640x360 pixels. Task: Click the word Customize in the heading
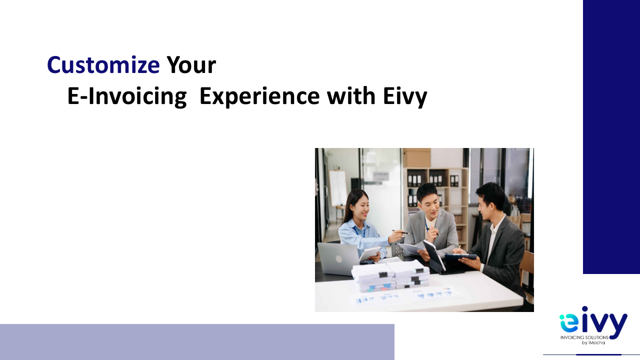[103, 65]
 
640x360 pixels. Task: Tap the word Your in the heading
[191, 65]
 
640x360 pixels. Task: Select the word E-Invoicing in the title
[127, 96]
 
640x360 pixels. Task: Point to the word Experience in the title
[259, 96]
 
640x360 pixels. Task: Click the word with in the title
[351, 95]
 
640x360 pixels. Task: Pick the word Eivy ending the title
[405, 97]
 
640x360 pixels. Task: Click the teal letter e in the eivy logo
[567, 323]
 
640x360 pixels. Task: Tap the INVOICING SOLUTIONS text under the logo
[584, 337]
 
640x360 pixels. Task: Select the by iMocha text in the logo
[593, 342]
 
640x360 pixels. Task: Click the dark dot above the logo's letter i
[584, 309]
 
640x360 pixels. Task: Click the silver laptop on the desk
[338, 259]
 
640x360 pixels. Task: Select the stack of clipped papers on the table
[391, 275]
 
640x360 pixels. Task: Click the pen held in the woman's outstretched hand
[401, 232]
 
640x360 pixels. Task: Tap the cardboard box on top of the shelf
[416, 157]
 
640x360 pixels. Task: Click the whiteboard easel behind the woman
[337, 188]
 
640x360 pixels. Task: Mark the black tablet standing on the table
[433, 255]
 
